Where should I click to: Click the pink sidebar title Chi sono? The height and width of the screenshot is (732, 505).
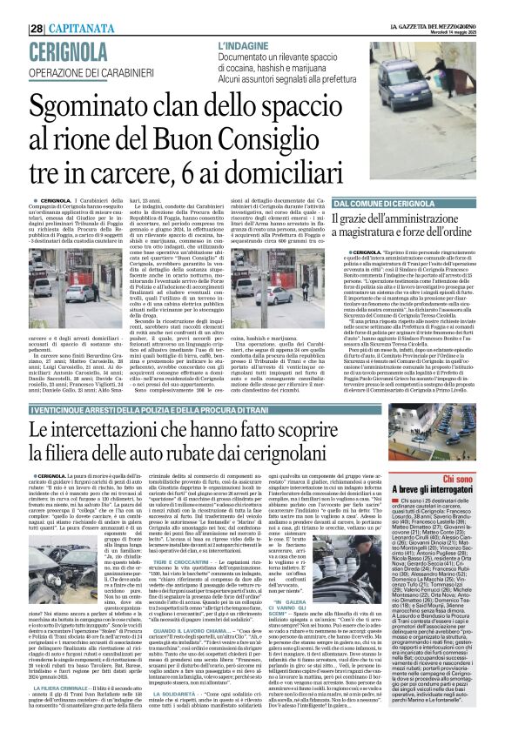(x=455, y=478)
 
